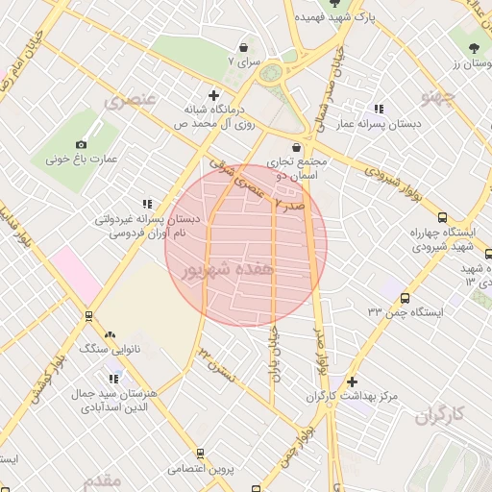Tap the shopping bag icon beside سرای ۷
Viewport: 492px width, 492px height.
(x=243, y=46)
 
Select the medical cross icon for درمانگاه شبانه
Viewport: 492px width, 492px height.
(x=213, y=96)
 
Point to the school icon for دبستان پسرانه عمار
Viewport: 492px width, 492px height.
(x=379, y=110)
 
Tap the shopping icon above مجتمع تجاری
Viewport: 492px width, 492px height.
(x=295, y=148)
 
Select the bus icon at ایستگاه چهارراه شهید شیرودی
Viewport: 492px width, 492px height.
(x=442, y=218)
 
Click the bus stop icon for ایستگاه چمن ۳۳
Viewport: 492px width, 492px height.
(x=405, y=298)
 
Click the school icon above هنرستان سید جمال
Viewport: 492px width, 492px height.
(x=114, y=379)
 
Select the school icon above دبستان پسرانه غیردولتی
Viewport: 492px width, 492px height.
(x=147, y=204)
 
